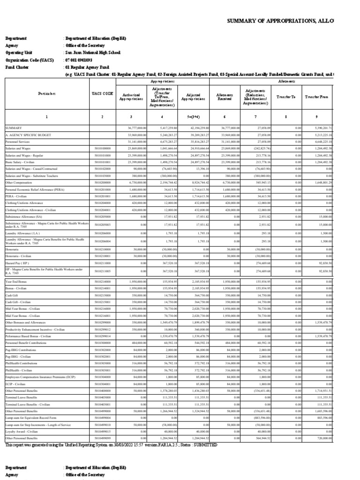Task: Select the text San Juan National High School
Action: click(x=92, y=53)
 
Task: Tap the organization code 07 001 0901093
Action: click(x=79, y=60)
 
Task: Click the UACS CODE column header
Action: click(x=102, y=94)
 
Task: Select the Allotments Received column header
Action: click(x=225, y=96)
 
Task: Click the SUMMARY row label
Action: click(x=14, y=127)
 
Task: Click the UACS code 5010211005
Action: click(x=102, y=271)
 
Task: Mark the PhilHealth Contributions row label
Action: click(x=21, y=363)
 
